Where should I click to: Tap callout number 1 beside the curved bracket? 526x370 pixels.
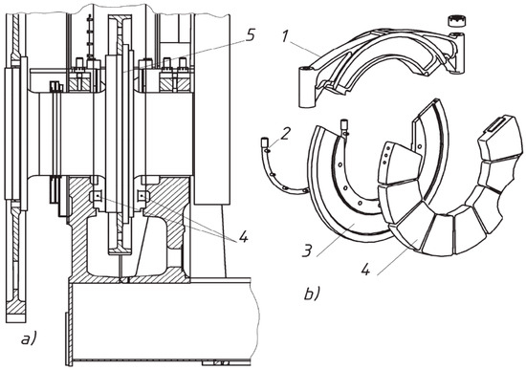tap(285, 36)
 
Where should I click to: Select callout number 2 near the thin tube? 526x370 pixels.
tap(284, 134)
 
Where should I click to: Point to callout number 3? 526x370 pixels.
tap(309, 250)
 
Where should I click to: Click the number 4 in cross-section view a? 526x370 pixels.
tap(242, 237)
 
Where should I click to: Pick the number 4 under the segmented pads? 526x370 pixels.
tap(365, 269)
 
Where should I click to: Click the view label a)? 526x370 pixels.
tap(30, 338)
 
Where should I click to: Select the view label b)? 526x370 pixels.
tap(312, 294)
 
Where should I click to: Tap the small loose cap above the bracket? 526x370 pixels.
tap(457, 20)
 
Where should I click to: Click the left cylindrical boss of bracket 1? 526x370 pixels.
tap(308, 87)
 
